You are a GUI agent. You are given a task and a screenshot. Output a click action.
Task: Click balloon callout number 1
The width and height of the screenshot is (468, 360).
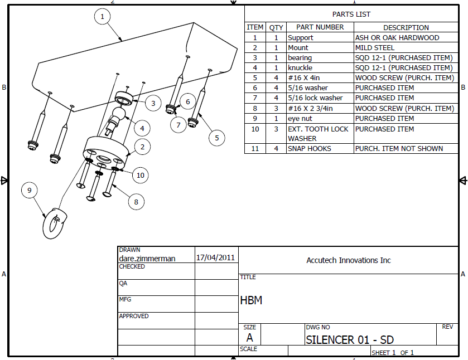coord(102,17)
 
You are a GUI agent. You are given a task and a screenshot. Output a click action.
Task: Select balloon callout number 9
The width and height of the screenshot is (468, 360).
coord(30,190)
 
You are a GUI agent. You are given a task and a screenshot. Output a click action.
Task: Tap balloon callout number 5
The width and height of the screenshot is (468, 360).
coord(216,137)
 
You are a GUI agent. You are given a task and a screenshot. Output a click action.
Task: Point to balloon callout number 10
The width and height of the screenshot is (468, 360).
coord(140,175)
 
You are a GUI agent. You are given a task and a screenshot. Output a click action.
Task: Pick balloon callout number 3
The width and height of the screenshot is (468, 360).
coord(153,103)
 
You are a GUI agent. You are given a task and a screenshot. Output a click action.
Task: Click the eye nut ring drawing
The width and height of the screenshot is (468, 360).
coord(54,222)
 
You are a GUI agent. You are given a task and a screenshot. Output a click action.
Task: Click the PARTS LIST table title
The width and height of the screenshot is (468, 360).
coord(351,14)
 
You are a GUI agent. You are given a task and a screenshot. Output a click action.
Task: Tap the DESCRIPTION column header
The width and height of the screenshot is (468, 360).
coord(406,27)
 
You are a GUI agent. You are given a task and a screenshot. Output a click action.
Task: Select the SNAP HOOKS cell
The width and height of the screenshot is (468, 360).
coord(309,148)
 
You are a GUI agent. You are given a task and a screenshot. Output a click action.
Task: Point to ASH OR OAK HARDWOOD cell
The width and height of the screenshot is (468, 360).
coord(397,38)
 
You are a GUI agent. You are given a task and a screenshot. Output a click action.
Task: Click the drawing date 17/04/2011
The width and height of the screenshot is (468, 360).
coord(216,258)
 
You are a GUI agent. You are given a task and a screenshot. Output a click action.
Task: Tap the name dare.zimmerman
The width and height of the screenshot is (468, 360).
coord(147,259)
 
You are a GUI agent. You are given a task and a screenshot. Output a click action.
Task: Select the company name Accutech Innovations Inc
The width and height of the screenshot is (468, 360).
coord(349,260)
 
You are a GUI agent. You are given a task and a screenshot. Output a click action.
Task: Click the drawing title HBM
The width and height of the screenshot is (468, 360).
coord(251,300)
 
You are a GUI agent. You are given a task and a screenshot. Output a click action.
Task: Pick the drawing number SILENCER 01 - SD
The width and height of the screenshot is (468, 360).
coord(350,339)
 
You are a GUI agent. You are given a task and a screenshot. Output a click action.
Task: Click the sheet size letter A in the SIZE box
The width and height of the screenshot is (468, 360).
coord(249,338)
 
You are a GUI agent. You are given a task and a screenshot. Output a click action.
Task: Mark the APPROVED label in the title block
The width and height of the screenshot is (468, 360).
coord(134,316)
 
